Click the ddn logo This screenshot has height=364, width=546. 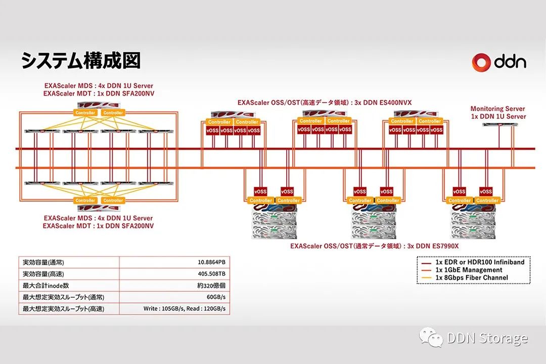click(499, 62)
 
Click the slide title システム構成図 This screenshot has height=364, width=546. click(80, 61)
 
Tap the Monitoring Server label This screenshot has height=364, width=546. click(497, 112)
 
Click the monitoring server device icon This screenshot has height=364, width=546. click(497, 124)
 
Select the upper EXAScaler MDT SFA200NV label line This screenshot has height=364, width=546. click(99, 94)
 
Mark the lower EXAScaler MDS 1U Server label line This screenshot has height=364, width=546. click(99, 218)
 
